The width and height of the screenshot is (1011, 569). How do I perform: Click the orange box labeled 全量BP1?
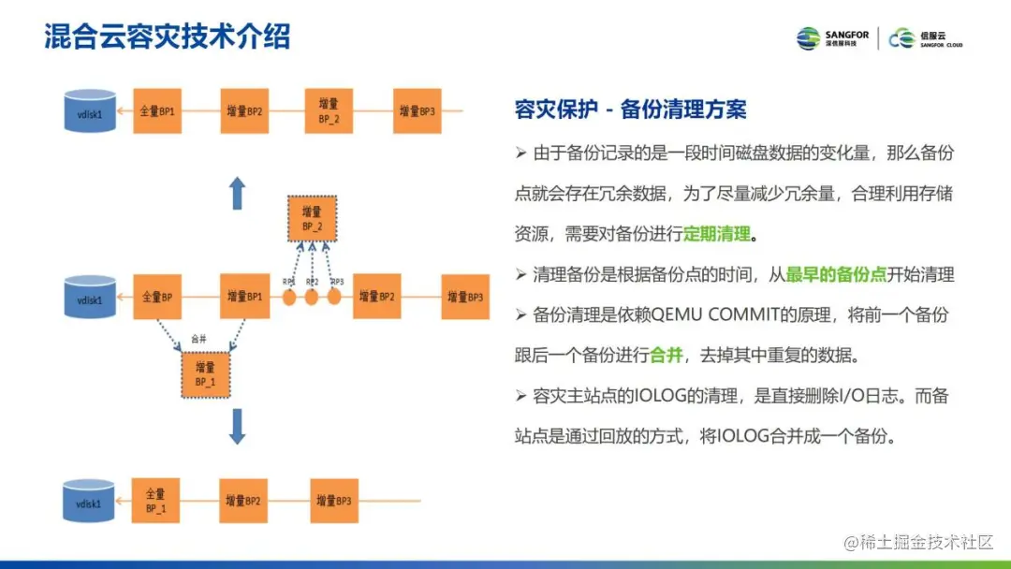(x=156, y=111)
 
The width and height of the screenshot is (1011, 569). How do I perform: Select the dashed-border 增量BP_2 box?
(x=312, y=220)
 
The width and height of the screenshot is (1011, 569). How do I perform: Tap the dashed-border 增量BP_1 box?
(x=205, y=374)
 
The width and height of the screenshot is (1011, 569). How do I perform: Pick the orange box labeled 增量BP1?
(x=244, y=298)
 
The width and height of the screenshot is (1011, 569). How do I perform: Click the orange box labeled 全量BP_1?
(x=156, y=502)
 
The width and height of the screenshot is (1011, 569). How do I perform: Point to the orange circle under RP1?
(x=290, y=298)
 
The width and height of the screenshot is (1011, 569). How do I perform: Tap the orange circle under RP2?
(x=312, y=298)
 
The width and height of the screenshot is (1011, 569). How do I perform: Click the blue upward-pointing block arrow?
(x=238, y=194)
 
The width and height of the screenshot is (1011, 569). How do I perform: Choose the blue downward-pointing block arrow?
(x=238, y=426)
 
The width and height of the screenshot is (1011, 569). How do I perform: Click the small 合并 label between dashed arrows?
(x=198, y=339)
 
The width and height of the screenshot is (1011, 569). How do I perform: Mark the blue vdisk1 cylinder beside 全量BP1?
(x=90, y=111)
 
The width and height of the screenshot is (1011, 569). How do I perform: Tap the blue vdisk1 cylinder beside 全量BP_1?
(x=90, y=501)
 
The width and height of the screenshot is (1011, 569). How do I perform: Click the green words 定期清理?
(x=717, y=233)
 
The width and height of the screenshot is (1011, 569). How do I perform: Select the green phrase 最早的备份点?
(x=836, y=274)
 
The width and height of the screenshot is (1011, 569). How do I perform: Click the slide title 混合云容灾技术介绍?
(x=168, y=36)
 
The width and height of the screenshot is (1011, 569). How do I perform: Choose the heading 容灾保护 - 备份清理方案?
(x=631, y=109)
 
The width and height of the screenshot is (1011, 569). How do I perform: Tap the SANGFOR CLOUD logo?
(x=925, y=38)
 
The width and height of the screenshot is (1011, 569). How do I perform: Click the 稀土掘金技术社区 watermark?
(x=917, y=542)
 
